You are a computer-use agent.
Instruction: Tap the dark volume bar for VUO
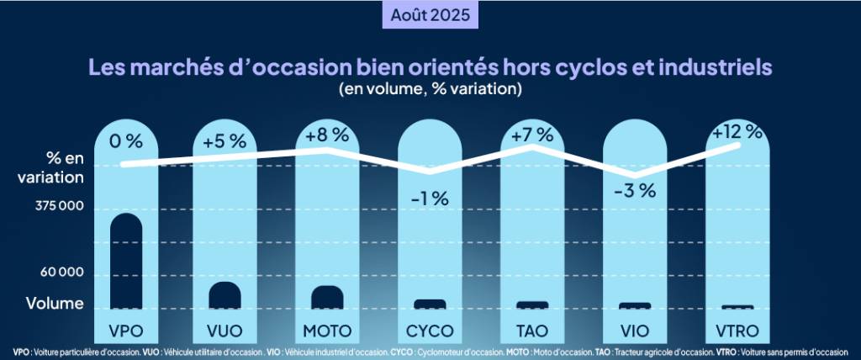click(x=225, y=295)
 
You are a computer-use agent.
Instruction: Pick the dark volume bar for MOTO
click(x=326, y=298)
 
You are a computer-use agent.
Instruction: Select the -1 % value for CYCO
click(x=430, y=199)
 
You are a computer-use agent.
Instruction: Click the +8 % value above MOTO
click(x=326, y=135)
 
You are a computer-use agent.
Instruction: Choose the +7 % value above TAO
click(x=532, y=135)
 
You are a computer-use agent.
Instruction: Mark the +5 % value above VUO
click(x=224, y=140)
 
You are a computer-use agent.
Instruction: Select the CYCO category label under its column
click(x=430, y=328)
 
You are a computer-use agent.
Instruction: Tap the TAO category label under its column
click(x=532, y=328)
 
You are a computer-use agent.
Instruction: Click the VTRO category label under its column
click(x=737, y=328)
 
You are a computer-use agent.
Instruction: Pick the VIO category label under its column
click(x=635, y=328)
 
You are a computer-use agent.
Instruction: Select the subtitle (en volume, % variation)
click(x=430, y=87)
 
